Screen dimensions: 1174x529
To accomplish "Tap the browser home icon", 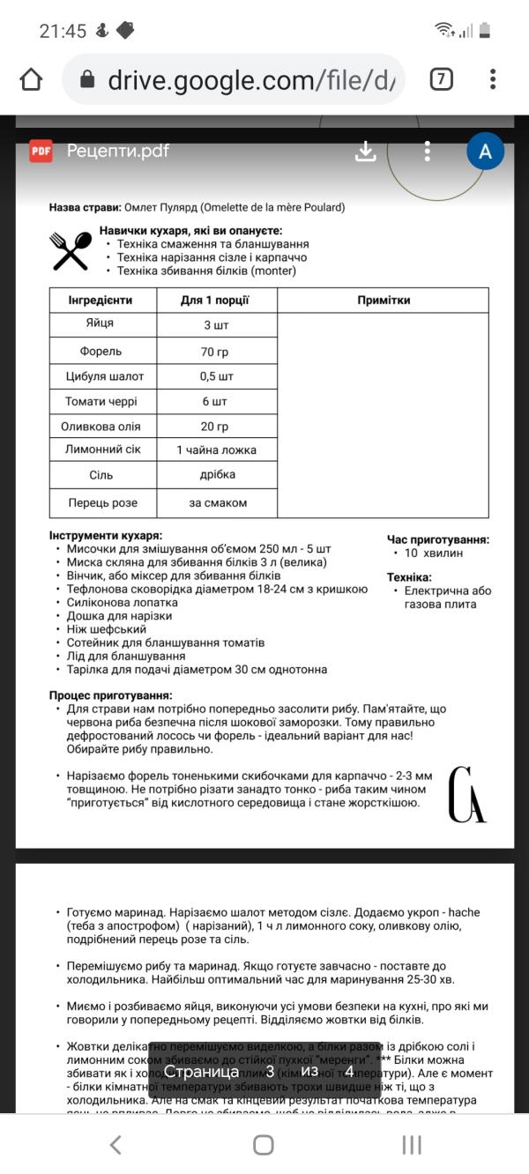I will [31, 80].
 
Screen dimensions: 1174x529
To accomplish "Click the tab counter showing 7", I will [441, 80].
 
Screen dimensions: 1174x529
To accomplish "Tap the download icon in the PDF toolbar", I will [365, 152].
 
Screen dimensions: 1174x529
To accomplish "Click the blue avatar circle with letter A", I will [485, 152].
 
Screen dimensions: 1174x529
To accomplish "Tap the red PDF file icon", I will [41, 151].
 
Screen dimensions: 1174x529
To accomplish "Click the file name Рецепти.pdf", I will [118, 151].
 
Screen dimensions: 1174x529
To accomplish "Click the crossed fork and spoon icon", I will [71, 251].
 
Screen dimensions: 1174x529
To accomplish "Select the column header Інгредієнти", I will [101, 301].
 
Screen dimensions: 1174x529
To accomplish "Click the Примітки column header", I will [384, 301].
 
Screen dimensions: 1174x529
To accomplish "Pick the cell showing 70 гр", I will [215, 351].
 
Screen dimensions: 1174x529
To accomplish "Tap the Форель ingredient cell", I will [101, 351].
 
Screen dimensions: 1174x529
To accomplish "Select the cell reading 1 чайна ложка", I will [216, 450].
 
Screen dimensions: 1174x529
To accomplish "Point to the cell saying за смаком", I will [217, 503].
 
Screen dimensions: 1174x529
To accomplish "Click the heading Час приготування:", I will [437, 539].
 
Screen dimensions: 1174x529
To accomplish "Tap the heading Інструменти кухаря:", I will [106, 535].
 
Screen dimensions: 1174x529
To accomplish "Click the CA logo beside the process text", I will [466, 795].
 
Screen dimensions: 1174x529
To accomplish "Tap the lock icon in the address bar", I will [87, 80].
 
